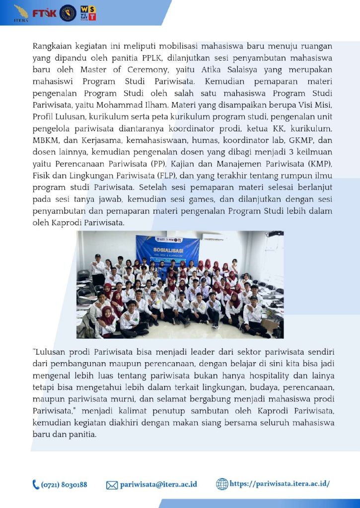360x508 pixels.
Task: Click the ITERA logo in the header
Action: (x=21, y=12)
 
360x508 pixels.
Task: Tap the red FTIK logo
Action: (x=45, y=13)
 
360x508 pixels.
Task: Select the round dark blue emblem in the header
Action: (x=68, y=13)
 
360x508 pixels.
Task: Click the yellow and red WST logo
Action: (x=87, y=13)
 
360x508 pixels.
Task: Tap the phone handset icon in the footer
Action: (x=36, y=485)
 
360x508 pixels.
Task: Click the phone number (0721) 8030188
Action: (x=64, y=485)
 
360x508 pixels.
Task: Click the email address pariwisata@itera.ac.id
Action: (x=158, y=485)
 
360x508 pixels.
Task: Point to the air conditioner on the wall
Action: (x=213, y=237)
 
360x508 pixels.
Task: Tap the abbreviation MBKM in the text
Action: (x=46, y=140)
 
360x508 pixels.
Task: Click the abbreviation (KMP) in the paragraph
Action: (x=318, y=164)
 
